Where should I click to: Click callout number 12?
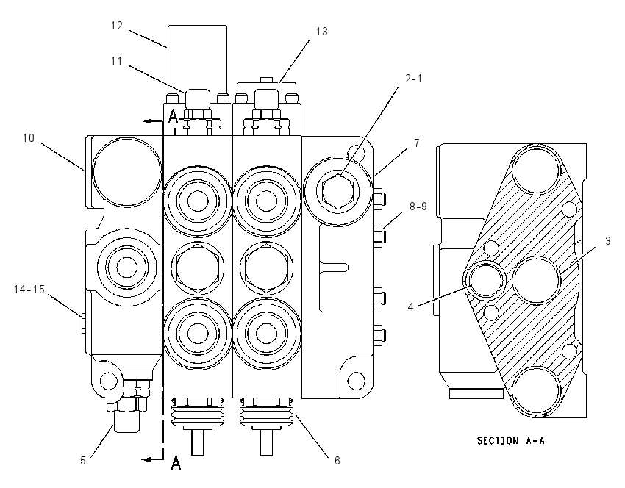[117, 26]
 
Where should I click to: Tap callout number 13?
[321, 32]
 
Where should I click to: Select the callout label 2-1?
[413, 79]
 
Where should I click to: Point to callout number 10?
[28, 138]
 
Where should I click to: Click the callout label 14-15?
[29, 290]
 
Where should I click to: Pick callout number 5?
[83, 461]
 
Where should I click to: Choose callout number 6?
[337, 461]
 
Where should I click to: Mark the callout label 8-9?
[418, 207]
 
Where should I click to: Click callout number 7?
[417, 143]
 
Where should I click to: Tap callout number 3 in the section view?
[607, 241]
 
